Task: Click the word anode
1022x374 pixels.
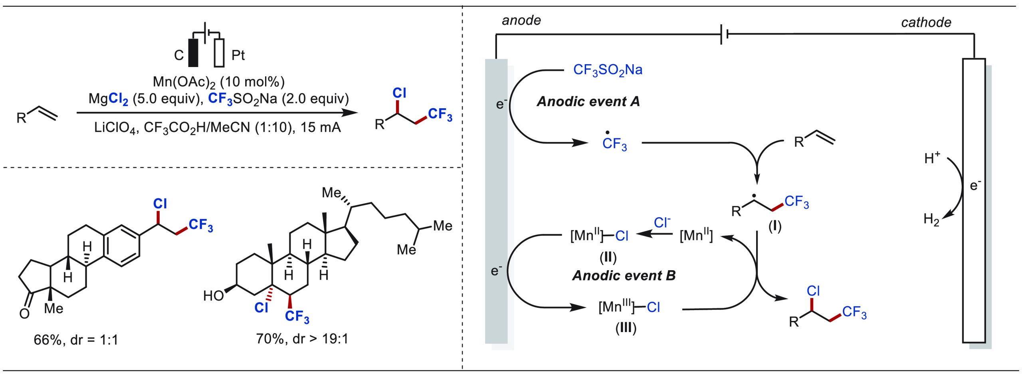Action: pyautogui.click(x=521, y=20)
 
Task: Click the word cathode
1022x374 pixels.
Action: pyautogui.click(x=926, y=22)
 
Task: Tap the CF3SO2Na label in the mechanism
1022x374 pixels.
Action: pyautogui.click(x=608, y=70)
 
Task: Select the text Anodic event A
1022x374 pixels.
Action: pyautogui.click(x=588, y=102)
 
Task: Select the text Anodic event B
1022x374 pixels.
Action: pyautogui.click(x=624, y=275)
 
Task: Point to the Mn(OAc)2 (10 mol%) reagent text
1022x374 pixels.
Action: pyautogui.click(x=219, y=82)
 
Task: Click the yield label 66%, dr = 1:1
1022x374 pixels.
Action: pyautogui.click(x=76, y=340)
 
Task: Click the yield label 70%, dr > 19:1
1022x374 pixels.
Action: pyautogui.click(x=302, y=339)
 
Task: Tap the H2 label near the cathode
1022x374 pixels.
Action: pyautogui.click(x=931, y=219)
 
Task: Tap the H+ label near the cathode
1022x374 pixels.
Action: pyautogui.click(x=932, y=158)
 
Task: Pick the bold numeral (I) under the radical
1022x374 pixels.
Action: pyautogui.click(x=774, y=227)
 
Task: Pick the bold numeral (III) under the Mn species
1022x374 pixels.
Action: pyautogui.click(x=626, y=328)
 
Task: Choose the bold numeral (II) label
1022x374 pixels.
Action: pyautogui.click(x=608, y=257)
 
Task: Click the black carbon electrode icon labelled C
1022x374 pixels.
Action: pyautogui.click(x=193, y=52)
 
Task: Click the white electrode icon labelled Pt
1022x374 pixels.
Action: pyautogui.click(x=219, y=52)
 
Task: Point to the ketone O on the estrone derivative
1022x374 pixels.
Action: pyautogui.click(x=24, y=313)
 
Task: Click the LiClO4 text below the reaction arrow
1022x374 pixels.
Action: pyautogui.click(x=116, y=128)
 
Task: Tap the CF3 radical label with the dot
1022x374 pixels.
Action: pyautogui.click(x=614, y=143)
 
